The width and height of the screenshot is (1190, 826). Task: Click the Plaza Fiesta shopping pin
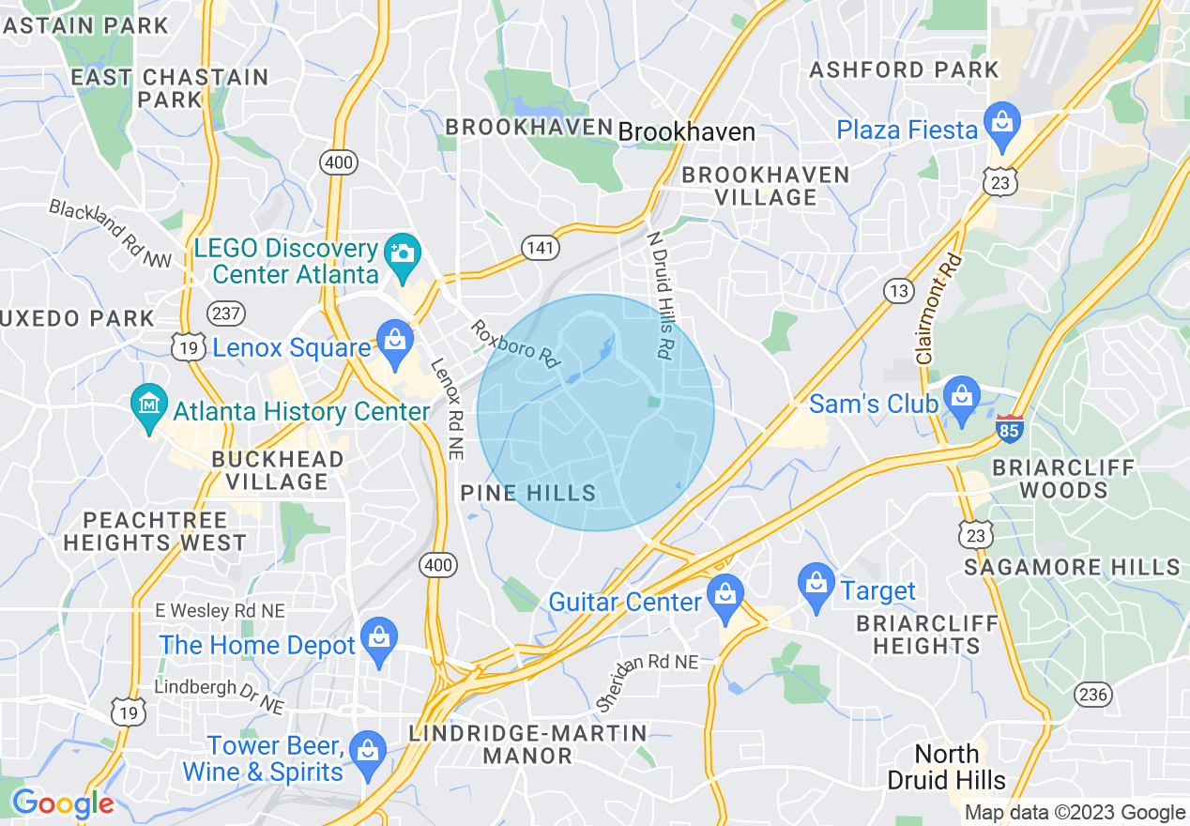pyautogui.click(x=1002, y=125)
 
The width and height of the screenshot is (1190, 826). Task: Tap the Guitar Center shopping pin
pyautogui.click(x=725, y=597)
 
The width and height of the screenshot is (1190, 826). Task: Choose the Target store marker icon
pyautogui.click(x=816, y=587)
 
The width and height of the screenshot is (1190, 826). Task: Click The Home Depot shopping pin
pyautogui.click(x=378, y=641)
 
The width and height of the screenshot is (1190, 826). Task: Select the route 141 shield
pyautogui.click(x=542, y=248)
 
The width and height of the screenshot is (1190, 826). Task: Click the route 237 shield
pyautogui.click(x=227, y=314)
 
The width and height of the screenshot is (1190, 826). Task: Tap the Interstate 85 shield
pyautogui.click(x=1010, y=430)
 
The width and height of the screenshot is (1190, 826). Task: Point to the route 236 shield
pyautogui.click(x=1094, y=696)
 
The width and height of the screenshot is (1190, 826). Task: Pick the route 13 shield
pyautogui.click(x=898, y=291)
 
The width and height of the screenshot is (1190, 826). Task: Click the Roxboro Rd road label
pyautogui.click(x=516, y=343)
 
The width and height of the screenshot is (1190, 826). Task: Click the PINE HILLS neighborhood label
pyautogui.click(x=528, y=493)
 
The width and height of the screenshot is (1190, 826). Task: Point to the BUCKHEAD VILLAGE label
pyautogui.click(x=278, y=470)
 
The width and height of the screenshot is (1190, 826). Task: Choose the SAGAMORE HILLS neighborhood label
pyautogui.click(x=1073, y=567)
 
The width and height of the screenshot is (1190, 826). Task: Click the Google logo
pyautogui.click(x=63, y=803)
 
